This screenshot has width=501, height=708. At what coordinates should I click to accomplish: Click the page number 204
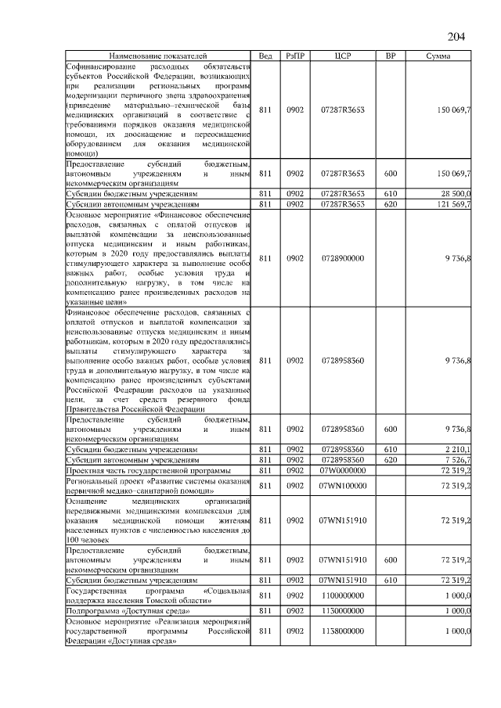tap(456, 38)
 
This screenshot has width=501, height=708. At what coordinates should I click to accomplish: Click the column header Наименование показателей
tap(157, 56)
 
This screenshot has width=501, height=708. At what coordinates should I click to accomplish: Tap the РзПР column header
tap(295, 56)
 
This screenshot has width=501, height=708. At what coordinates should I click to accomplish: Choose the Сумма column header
tap(437, 56)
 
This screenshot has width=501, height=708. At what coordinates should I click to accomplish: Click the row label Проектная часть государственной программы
tap(148, 470)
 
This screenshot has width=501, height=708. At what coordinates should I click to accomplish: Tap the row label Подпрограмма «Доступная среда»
tap(117, 610)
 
